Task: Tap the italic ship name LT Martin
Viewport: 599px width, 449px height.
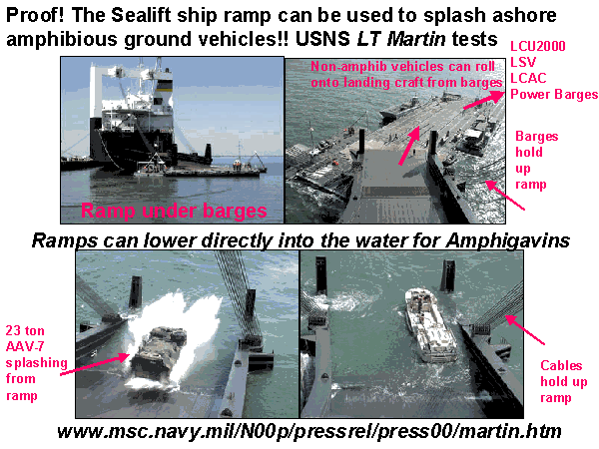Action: (401, 39)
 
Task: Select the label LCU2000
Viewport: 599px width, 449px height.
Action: (537, 46)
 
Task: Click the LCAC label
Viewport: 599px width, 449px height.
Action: (528, 78)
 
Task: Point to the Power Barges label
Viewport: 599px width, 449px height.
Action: (554, 94)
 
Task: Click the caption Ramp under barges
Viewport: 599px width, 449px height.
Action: (174, 211)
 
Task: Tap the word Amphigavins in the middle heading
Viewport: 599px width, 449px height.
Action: (508, 241)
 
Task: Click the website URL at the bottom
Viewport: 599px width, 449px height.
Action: (309, 431)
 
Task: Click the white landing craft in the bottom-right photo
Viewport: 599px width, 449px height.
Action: (429, 324)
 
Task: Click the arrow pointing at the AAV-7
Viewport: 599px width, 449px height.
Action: (96, 364)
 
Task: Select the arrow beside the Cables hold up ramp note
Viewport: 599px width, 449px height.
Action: (526, 330)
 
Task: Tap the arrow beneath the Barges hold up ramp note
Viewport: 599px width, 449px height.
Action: (505, 196)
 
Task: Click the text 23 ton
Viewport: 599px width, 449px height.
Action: (25, 330)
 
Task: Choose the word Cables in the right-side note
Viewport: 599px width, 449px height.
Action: (561, 365)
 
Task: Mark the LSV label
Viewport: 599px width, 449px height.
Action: (523, 62)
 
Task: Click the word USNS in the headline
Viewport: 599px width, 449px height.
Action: (322, 39)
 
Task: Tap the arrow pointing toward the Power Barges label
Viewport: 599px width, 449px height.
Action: (483, 100)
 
